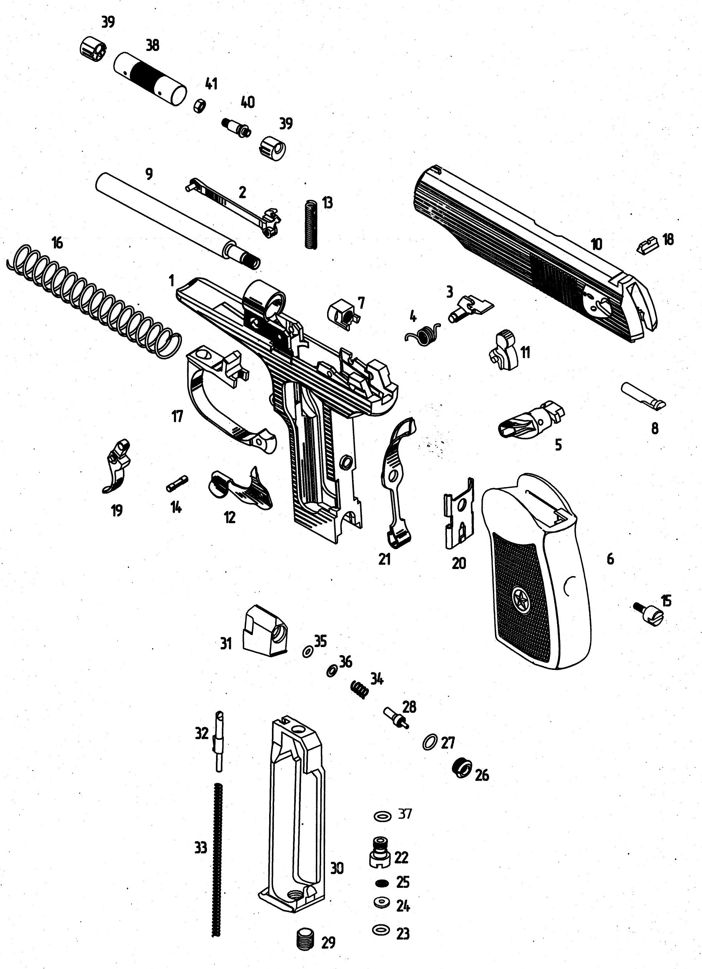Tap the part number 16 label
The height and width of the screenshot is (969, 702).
click(x=57, y=242)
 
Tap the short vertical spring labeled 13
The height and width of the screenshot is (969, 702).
click(x=312, y=224)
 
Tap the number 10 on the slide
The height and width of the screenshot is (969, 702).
click(x=597, y=244)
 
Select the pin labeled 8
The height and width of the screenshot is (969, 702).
click(x=643, y=395)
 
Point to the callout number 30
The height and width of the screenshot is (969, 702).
click(x=337, y=868)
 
